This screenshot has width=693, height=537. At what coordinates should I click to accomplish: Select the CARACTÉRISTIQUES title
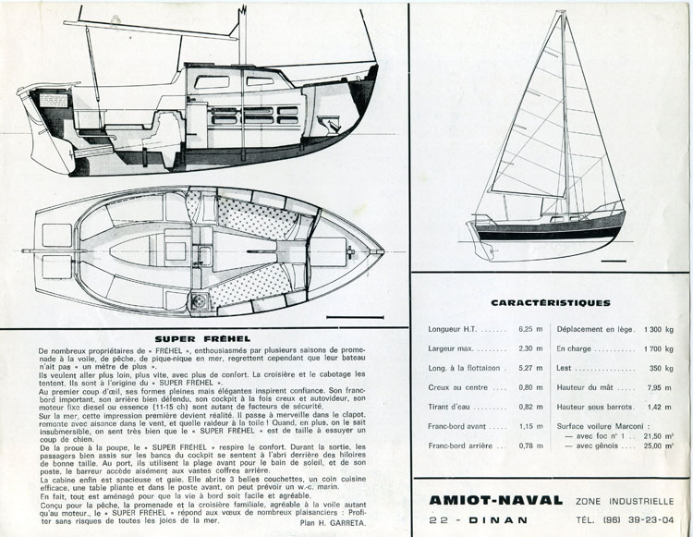[550, 302]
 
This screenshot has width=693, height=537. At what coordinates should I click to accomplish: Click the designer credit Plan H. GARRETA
[345, 522]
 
